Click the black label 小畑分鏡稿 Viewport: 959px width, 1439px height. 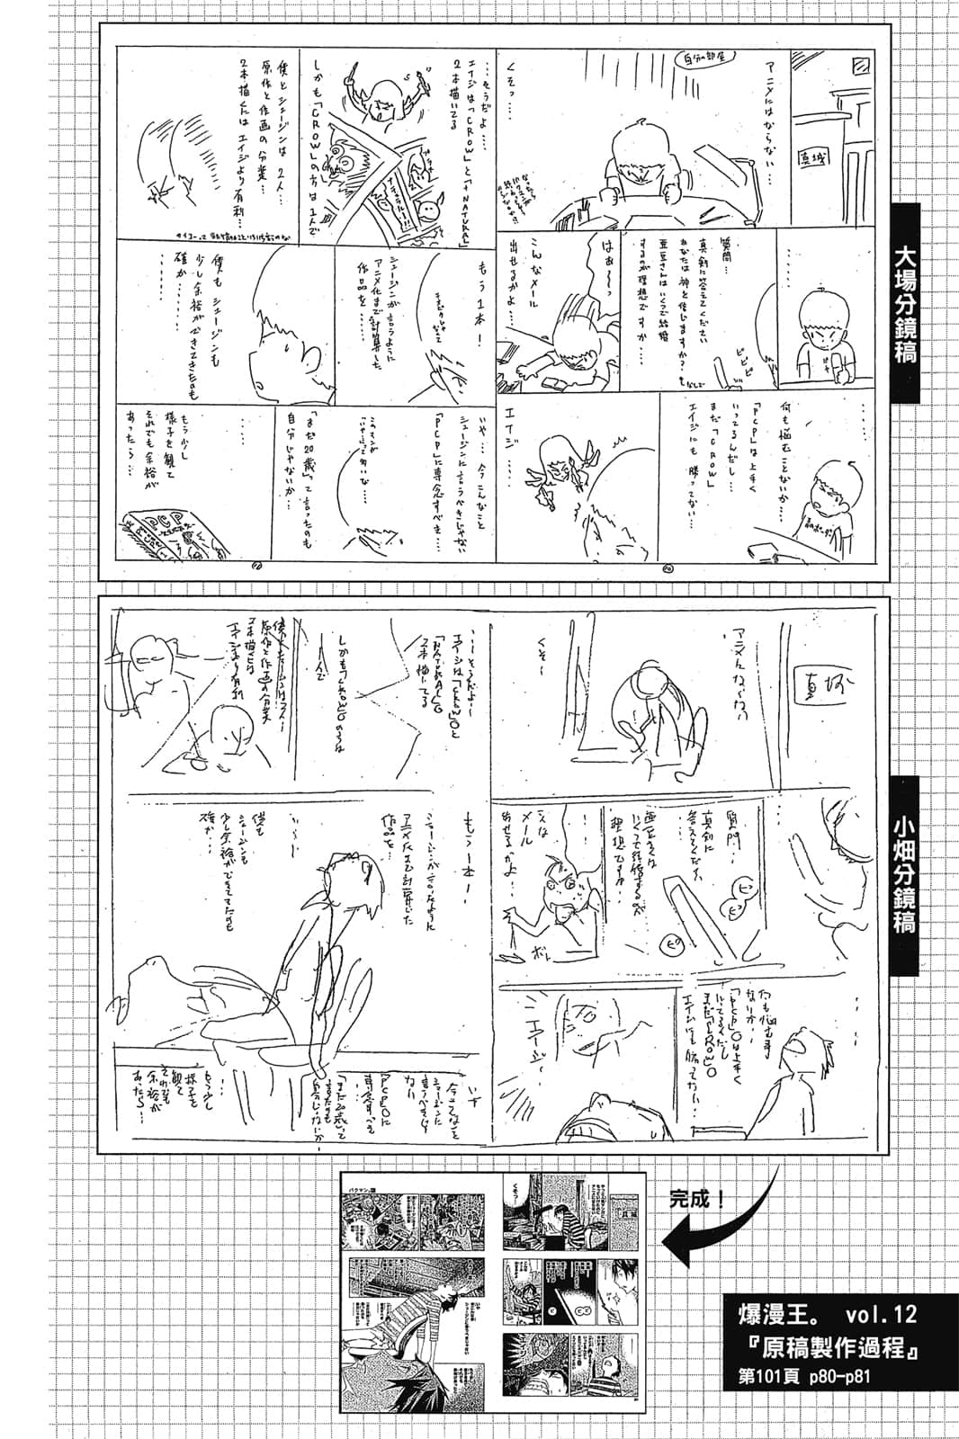pyautogui.click(x=904, y=873)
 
